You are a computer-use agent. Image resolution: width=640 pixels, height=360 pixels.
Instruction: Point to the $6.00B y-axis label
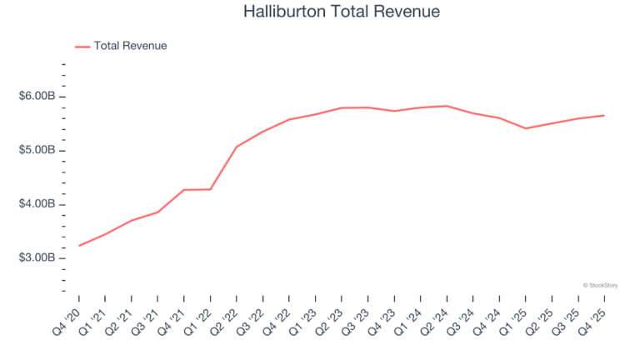coord(37,97)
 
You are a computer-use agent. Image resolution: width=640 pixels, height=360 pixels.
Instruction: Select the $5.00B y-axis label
coord(37,151)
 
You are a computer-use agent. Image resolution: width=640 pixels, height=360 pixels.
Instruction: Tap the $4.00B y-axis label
coord(37,204)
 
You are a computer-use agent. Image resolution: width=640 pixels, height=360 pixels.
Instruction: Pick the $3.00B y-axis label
coord(37,258)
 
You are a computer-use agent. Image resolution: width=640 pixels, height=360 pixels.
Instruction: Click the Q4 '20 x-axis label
coord(70,319)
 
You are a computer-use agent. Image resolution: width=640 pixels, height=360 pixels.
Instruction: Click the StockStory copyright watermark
coord(602,285)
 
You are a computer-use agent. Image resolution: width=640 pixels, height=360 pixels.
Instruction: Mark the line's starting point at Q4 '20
coord(79,246)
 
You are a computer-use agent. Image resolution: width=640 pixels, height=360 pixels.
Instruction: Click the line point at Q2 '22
coord(237,147)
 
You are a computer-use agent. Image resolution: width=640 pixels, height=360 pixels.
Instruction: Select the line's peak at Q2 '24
coord(447,106)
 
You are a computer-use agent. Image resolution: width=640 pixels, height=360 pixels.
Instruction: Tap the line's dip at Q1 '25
coord(526,128)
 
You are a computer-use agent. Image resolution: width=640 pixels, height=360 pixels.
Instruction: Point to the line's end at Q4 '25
coord(604,115)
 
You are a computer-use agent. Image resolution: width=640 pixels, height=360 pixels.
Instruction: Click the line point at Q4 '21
coord(184,190)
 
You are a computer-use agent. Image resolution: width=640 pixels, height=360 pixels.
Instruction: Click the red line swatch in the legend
coord(82,47)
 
